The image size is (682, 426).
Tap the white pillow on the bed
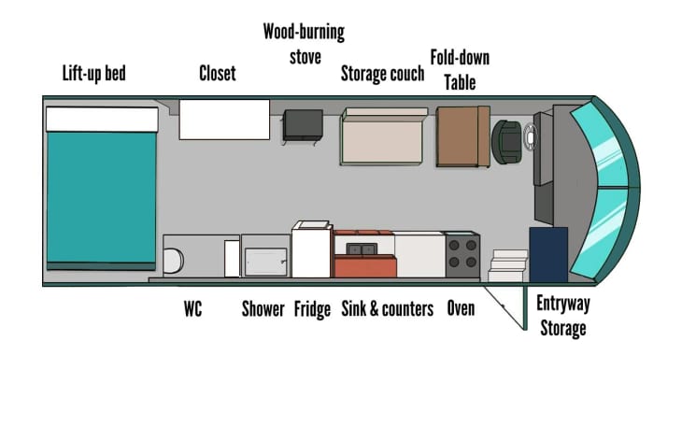pos(101,119)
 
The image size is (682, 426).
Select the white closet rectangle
pos(224,120)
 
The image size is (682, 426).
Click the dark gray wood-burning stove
pos(303,124)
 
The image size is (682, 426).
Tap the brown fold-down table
pos(462,136)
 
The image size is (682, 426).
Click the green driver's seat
pos(507,140)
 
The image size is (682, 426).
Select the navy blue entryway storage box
pos(548,253)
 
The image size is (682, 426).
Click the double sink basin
pos(362,248)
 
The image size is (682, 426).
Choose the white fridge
pos(312,251)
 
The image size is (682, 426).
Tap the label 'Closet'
pos(217,73)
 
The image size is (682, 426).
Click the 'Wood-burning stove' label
pos(303,44)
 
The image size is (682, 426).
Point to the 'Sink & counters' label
pos(387,308)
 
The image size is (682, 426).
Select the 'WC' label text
pos(192,308)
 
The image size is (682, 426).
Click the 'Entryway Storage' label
pos(562,317)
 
